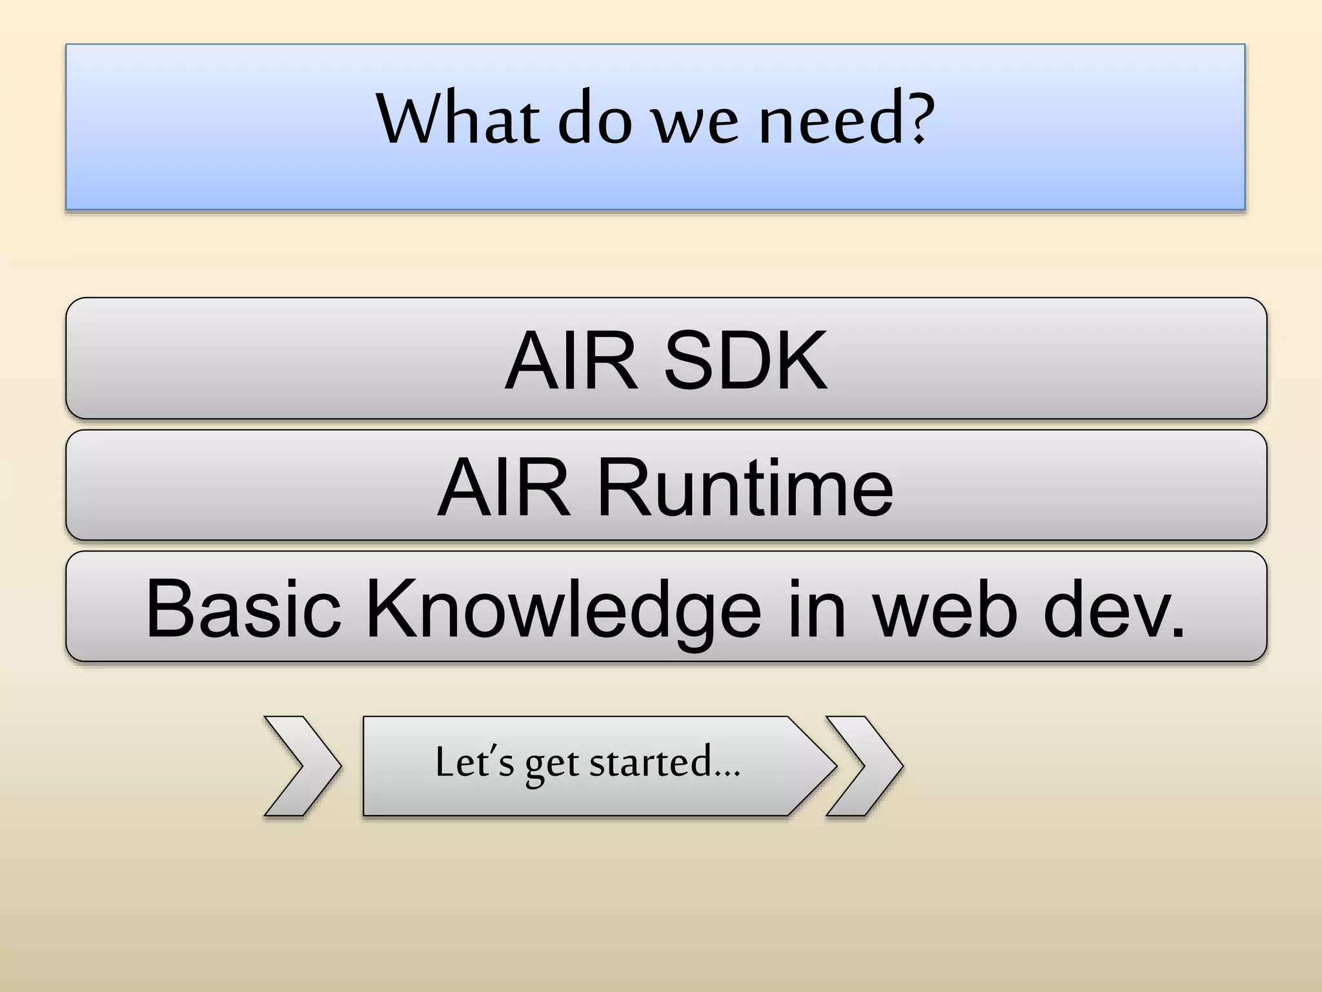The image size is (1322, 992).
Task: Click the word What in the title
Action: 457,119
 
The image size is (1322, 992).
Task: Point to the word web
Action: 946,608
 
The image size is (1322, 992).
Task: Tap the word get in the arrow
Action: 552,766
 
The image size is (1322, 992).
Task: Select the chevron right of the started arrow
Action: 865,766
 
